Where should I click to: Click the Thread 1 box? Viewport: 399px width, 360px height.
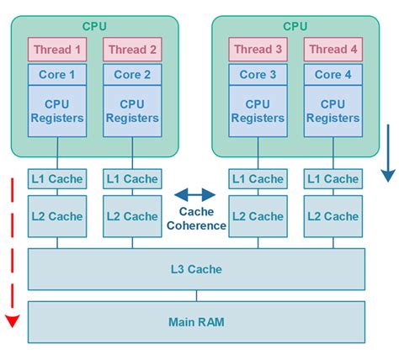57,50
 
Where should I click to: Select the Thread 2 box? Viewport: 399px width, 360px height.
132,50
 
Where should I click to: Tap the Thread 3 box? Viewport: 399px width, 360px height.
258,50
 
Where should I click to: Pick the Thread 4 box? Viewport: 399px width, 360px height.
332,50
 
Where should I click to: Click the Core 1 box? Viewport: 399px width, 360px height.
57,74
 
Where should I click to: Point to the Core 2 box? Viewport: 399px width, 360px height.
132,74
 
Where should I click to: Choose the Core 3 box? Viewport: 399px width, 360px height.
258,74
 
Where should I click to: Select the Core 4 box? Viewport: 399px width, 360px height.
332,74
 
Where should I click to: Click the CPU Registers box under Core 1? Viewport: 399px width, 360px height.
57,111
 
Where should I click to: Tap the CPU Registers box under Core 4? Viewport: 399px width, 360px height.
332,111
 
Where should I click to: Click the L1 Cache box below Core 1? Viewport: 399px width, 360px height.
57,178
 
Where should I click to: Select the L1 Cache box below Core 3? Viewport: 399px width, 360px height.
258,178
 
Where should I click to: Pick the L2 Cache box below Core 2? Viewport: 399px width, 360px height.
132,216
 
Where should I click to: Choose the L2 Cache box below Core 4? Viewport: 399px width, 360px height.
332,216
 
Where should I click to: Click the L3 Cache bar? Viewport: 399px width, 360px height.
197,269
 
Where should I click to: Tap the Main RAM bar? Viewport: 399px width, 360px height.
197,321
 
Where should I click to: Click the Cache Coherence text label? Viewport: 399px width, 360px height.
202,219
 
